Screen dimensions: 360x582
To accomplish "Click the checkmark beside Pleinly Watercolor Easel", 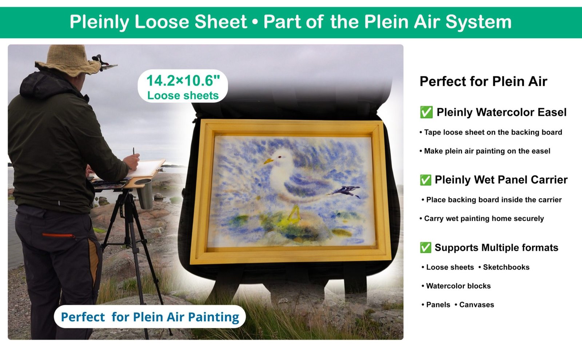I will tap(426, 112).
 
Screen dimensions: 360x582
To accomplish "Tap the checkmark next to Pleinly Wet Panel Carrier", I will tap(425, 180).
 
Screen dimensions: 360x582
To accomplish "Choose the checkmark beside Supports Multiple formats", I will tap(425, 248).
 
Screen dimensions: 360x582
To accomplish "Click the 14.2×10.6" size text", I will tap(183, 81).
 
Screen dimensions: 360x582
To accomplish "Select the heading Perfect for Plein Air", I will tap(483, 81).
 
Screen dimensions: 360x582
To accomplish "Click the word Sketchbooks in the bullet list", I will tap(506, 267).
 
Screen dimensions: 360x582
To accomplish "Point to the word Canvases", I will tap(477, 305).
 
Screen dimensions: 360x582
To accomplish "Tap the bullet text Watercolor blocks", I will tap(458, 286).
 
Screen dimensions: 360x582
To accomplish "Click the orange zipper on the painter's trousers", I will tap(59, 236).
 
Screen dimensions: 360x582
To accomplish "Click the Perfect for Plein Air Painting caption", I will tap(150, 317).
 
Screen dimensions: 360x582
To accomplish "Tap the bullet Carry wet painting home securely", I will tap(484, 219).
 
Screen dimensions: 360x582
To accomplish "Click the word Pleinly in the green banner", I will tap(99, 22).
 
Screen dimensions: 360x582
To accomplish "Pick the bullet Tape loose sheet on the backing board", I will tap(493, 132).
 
